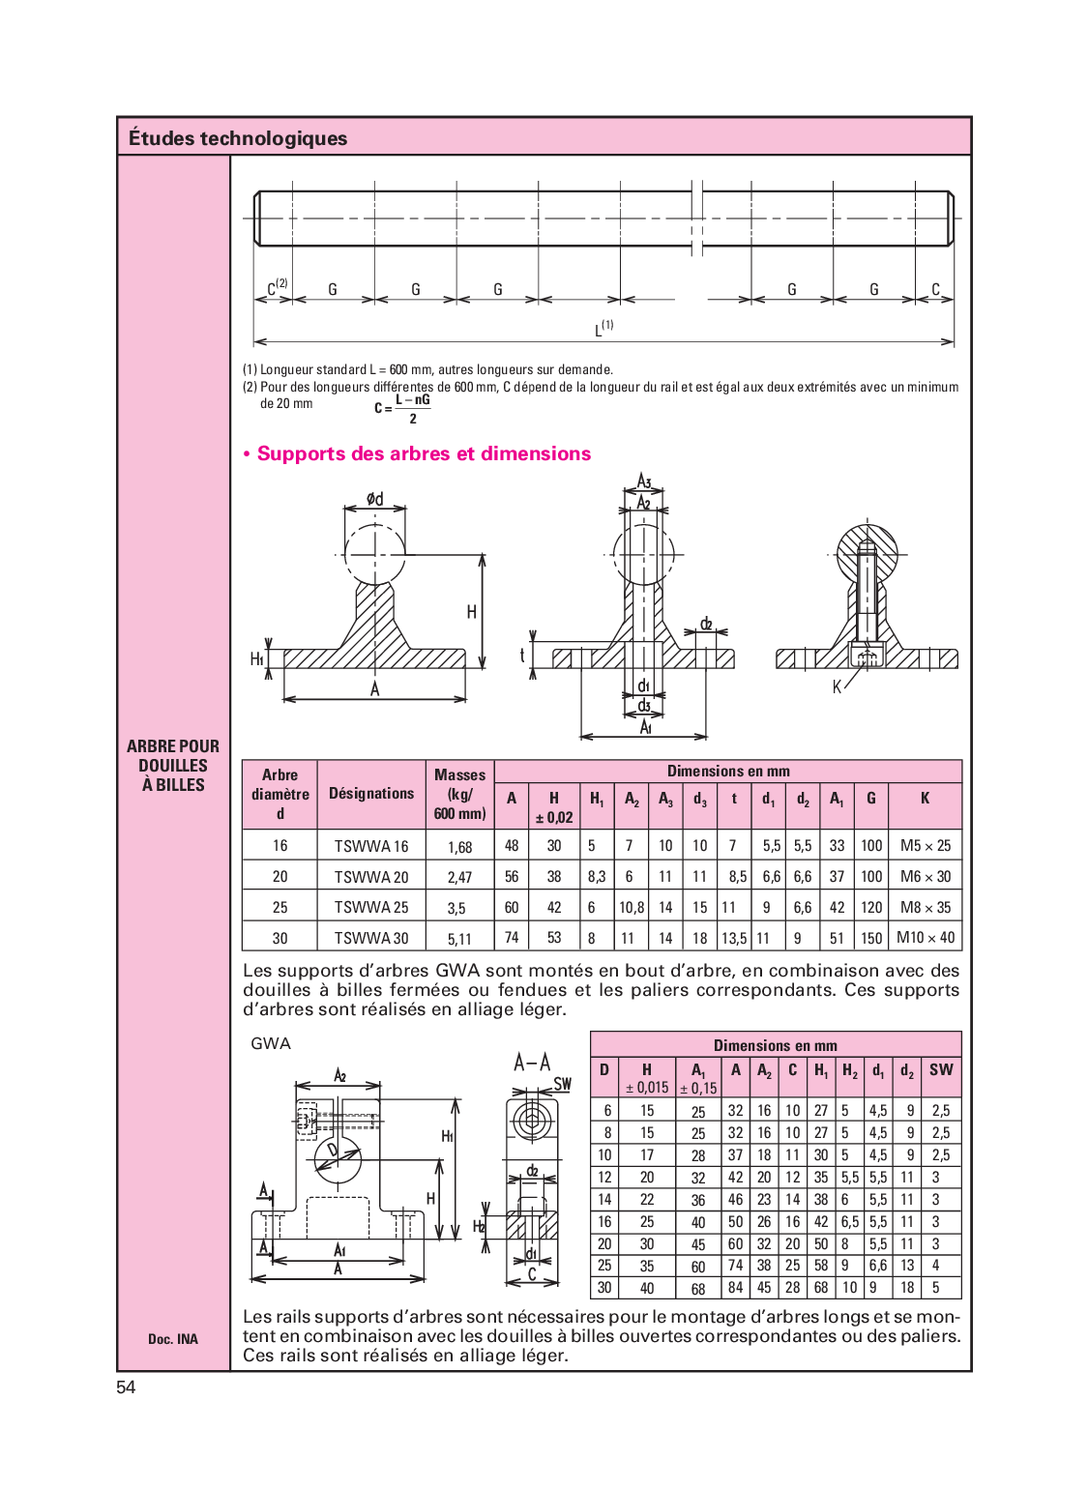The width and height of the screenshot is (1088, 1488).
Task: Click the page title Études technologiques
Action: point(238,138)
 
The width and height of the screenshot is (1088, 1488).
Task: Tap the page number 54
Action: point(126,1387)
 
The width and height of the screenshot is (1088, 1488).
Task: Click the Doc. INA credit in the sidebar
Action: point(173,1339)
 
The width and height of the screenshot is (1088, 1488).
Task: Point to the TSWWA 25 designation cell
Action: point(371,908)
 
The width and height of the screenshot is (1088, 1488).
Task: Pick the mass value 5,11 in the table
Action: point(459,939)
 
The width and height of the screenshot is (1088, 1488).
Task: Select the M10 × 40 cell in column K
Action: point(926,938)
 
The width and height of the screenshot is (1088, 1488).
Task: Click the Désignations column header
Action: point(371,794)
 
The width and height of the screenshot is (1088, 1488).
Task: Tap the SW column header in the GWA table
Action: point(941,1070)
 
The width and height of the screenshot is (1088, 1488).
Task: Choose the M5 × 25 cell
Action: point(926,846)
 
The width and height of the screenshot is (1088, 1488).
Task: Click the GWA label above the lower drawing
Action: point(271,1043)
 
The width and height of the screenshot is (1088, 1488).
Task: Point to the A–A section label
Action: point(532,1064)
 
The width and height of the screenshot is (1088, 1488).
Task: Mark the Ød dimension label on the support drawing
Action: point(374,499)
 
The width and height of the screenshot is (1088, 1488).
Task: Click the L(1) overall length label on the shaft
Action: point(603,328)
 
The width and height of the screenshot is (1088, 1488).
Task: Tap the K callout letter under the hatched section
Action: point(838,687)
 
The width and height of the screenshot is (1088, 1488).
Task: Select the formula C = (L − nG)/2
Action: point(403,409)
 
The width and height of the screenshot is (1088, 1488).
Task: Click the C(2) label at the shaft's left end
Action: point(277,287)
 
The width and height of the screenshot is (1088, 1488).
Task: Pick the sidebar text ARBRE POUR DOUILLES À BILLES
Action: point(173,766)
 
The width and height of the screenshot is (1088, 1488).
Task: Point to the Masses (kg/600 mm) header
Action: point(459,794)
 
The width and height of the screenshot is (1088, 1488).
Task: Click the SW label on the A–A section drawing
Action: point(563,1084)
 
